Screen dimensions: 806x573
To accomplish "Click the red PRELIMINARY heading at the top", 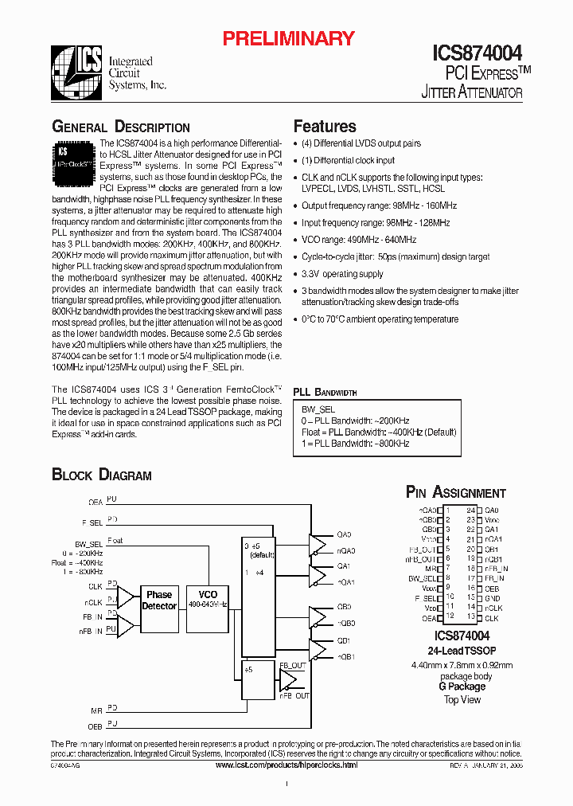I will pos(287,38).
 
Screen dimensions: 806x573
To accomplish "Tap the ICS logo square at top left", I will pos(76,71).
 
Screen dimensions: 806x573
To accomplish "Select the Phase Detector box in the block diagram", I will pos(159,600).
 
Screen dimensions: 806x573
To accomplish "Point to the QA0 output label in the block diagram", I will pos(344,534).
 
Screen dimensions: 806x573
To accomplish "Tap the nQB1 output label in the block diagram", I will pos(345,656).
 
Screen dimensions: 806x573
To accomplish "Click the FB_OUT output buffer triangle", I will pos(286,680).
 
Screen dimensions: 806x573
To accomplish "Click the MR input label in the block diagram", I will pos(96,708).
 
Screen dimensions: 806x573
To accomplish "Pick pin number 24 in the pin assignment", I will pos(471,510).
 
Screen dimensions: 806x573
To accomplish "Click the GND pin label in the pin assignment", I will pos(492,598).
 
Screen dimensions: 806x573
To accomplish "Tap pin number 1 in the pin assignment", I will pos(448,510).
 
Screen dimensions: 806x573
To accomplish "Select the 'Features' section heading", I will pos(325,126).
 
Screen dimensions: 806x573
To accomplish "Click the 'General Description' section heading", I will pos(121,127).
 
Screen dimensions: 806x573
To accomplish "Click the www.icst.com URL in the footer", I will pos(286,765).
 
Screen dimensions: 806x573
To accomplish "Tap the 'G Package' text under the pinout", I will pos(462,686).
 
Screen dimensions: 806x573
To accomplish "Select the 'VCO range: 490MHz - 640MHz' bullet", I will pos(359,240).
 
